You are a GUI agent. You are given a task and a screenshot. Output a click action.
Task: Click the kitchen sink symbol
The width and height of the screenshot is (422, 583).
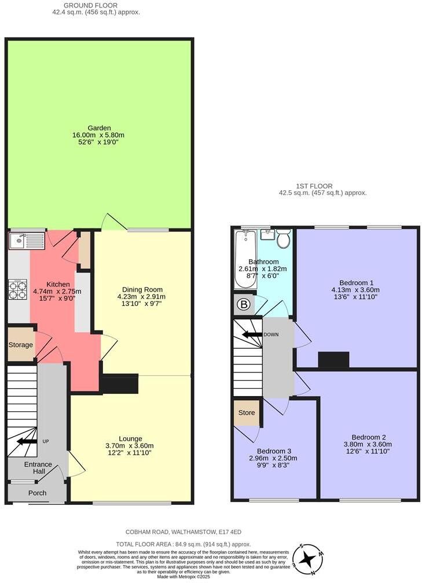tap(24, 239)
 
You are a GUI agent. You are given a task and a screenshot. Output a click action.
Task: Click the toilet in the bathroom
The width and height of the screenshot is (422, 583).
tap(283, 238)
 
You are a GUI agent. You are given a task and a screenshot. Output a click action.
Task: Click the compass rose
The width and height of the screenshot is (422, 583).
tap(309, 559)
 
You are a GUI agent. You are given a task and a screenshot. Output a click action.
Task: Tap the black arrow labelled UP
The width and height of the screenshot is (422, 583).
tap(25, 442)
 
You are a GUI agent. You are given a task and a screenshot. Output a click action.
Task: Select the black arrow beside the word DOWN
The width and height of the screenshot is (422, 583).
tap(252, 334)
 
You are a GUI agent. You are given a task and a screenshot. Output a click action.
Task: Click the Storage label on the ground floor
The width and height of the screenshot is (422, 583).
tap(21, 345)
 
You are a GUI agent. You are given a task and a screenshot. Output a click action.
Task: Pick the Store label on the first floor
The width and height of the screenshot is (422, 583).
tap(247, 413)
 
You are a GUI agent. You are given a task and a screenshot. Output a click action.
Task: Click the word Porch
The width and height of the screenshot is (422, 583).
tap(37, 493)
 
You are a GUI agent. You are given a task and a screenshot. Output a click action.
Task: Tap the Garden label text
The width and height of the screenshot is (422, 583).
tap(99, 128)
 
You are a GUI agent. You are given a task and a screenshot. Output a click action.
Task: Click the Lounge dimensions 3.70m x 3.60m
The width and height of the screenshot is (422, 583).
tap(129, 445)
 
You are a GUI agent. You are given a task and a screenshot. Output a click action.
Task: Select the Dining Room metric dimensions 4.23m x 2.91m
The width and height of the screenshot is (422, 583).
tap(138, 297)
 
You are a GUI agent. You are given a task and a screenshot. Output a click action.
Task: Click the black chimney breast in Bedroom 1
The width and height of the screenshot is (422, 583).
tap(333, 360)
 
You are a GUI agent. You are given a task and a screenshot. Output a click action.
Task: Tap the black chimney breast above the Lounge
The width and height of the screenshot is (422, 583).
tap(120, 383)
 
